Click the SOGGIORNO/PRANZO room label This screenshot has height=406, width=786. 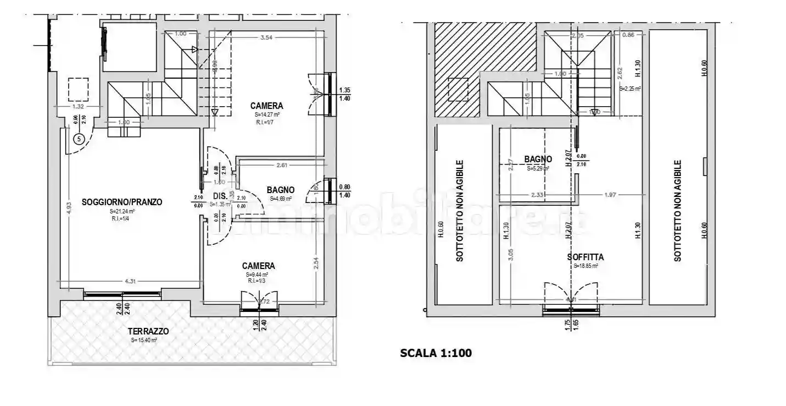(x=122, y=202)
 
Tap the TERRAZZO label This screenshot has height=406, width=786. (x=148, y=331)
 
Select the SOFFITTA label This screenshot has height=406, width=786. (x=586, y=257)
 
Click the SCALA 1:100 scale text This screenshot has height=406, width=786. (x=436, y=353)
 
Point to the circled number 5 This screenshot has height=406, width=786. (x=79, y=139)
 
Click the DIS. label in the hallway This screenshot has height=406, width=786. (x=220, y=195)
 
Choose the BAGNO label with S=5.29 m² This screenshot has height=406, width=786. (x=538, y=160)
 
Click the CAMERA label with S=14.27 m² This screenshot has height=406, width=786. (x=266, y=106)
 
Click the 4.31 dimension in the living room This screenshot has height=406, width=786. (x=130, y=282)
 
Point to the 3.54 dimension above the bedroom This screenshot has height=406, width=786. (x=267, y=37)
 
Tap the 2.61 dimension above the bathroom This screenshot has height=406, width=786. (x=282, y=165)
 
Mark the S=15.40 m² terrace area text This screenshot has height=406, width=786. (x=144, y=341)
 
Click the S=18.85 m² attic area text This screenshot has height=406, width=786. (x=586, y=266)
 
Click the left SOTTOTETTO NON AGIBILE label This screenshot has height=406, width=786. (x=460, y=211)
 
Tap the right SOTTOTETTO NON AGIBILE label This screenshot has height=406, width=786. (x=678, y=211)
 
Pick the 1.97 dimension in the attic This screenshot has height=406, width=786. (x=609, y=194)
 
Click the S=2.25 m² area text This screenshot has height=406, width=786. (x=629, y=88)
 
